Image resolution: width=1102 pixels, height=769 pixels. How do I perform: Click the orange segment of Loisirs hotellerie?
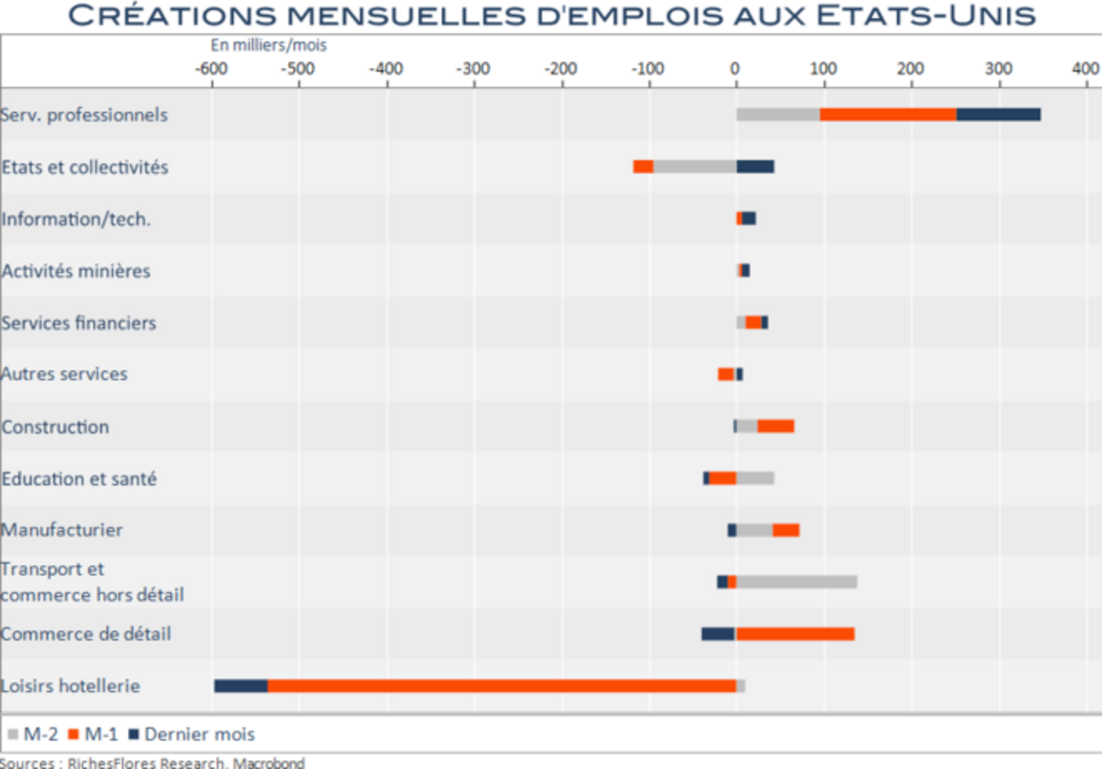pyautogui.click(x=501, y=686)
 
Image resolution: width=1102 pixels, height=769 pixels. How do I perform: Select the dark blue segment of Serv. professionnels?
pyautogui.click(x=998, y=114)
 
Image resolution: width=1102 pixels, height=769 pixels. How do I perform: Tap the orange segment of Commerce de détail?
pyautogui.click(x=795, y=634)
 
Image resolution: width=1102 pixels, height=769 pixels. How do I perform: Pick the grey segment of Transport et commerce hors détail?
pyautogui.click(x=796, y=582)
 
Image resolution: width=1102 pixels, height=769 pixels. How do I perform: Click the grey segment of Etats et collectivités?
pyautogui.click(x=695, y=166)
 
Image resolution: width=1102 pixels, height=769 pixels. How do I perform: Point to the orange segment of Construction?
pyautogui.click(x=775, y=427)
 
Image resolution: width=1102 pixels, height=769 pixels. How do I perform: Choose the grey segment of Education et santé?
pyautogui.click(x=755, y=478)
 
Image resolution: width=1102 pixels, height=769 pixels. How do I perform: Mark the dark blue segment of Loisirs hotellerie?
pyautogui.click(x=241, y=686)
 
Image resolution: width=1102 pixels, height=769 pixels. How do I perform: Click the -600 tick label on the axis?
pyautogui.click(x=211, y=69)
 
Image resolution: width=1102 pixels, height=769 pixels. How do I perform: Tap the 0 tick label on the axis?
pyautogui.click(x=735, y=69)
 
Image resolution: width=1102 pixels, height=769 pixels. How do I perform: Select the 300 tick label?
pyautogui.click(x=998, y=69)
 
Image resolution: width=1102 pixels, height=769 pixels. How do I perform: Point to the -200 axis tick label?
pyautogui.click(x=561, y=69)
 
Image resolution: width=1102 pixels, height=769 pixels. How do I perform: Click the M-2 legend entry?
pyautogui.click(x=34, y=734)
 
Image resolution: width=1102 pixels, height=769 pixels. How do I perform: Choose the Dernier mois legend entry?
pyautogui.click(x=192, y=734)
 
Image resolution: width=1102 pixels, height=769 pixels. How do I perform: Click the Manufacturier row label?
pyautogui.click(x=62, y=530)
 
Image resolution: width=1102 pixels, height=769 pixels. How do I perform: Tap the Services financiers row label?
pyautogui.click(x=79, y=323)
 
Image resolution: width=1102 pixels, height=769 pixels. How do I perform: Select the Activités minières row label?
pyautogui.click(x=76, y=271)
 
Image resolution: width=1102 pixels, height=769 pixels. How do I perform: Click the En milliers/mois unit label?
pyautogui.click(x=268, y=45)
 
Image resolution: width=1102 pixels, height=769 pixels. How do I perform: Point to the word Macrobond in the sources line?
pyautogui.click(x=268, y=763)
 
